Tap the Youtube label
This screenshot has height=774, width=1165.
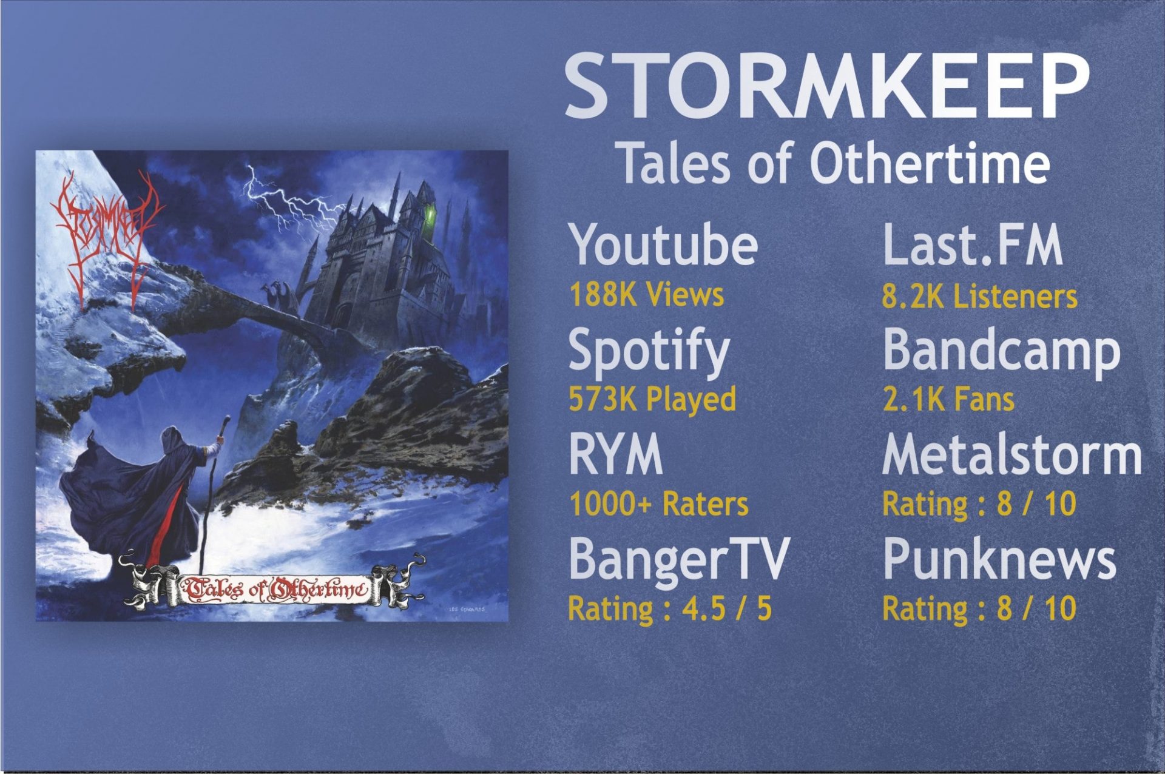point(664,244)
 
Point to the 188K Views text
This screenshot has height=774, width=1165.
point(646,295)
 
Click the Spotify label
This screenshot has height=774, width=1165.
point(648,351)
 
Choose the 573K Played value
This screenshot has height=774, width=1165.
point(652,399)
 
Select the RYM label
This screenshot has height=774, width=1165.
point(615,455)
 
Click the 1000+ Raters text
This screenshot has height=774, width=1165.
point(659,504)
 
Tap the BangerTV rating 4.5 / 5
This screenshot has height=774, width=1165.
point(669,608)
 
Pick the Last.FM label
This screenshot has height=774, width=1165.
point(973,244)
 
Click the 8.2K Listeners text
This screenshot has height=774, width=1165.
point(979,297)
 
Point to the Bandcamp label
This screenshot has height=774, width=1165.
point(1001,351)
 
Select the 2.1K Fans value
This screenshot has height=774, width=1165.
point(948,400)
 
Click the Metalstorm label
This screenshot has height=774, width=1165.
point(1011,455)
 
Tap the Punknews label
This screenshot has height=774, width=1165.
point(999,559)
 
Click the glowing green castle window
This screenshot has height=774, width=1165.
point(431,214)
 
